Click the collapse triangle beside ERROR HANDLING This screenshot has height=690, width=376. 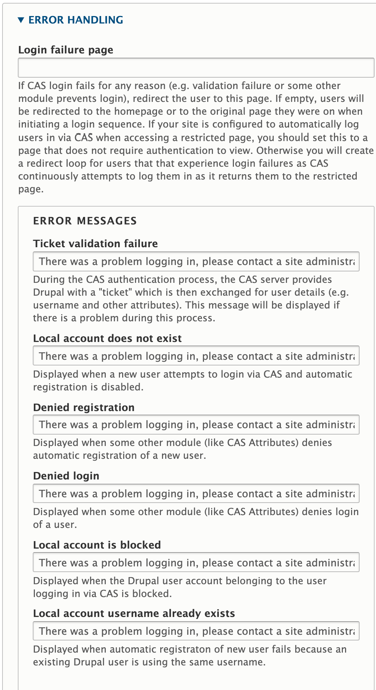click(x=21, y=20)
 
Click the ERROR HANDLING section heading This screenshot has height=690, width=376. click(x=75, y=20)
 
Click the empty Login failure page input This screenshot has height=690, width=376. click(x=196, y=68)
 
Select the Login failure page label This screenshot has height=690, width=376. click(x=66, y=50)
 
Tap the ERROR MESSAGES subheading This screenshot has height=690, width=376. click(x=85, y=221)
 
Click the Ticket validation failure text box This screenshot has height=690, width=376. click(x=196, y=261)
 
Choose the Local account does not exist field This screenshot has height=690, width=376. click(x=196, y=356)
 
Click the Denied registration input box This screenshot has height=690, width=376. click(x=196, y=425)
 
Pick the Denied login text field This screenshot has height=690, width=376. click(x=196, y=494)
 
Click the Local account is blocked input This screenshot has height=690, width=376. click(x=196, y=563)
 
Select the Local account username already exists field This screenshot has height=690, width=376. click(x=196, y=631)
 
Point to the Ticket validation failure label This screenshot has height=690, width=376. click(x=95, y=244)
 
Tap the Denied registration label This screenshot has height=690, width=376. click(x=84, y=408)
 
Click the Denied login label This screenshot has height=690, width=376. click(x=66, y=476)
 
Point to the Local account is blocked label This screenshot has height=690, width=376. click(x=97, y=545)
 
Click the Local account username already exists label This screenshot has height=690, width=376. click(x=134, y=613)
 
